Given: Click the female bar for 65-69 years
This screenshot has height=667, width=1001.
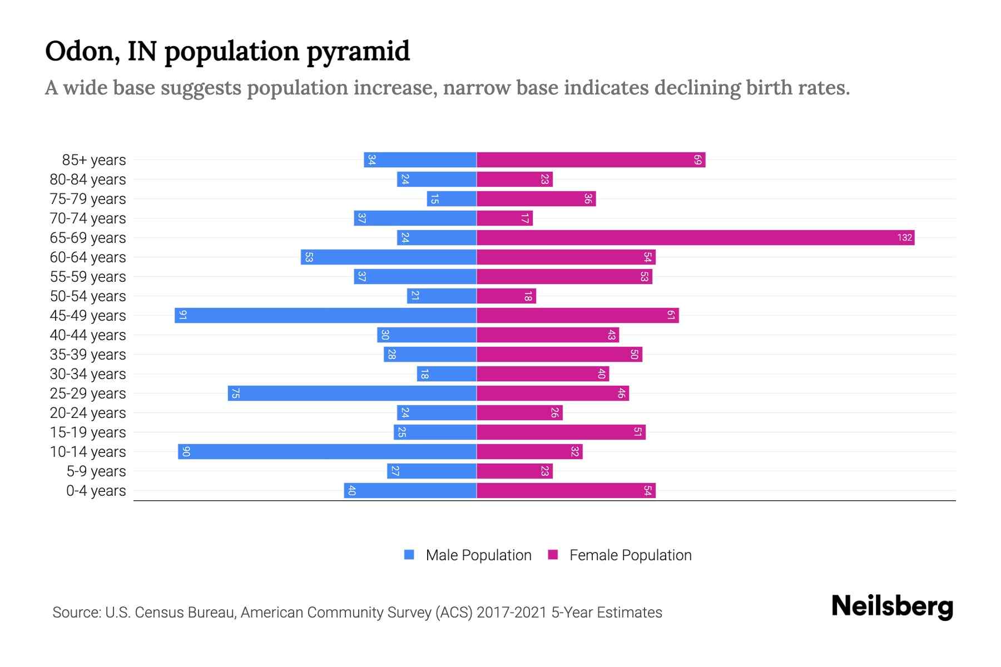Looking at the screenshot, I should [x=695, y=238].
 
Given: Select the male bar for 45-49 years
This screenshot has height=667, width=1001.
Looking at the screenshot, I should [x=325, y=316].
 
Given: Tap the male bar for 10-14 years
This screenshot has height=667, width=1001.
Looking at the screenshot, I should [x=327, y=452].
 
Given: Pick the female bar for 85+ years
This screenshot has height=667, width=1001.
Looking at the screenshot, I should [x=591, y=160].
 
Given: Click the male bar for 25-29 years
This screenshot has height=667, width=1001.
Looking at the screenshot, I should [x=352, y=394].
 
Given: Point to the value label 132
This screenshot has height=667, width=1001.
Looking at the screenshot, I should [x=904, y=238].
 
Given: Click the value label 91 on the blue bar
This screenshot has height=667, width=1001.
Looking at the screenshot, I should [x=183, y=316].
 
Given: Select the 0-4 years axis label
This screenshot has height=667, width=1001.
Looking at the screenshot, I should [x=96, y=491].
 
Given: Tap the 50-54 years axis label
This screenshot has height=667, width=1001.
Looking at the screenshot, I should [x=88, y=296].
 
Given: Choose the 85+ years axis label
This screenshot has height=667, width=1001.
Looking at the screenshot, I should [x=94, y=160].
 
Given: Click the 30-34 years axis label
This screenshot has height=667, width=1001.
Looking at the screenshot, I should [x=88, y=374].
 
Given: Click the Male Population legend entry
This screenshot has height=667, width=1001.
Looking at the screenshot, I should [x=478, y=555].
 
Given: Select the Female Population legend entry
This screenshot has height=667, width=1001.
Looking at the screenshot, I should [x=630, y=555].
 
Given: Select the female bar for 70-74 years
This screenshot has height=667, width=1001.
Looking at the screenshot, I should [x=504, y=218].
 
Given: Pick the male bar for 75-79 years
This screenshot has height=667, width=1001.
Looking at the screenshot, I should [x=452, y=199].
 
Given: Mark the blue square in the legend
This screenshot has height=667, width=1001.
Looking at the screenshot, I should [x=409, y=555].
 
